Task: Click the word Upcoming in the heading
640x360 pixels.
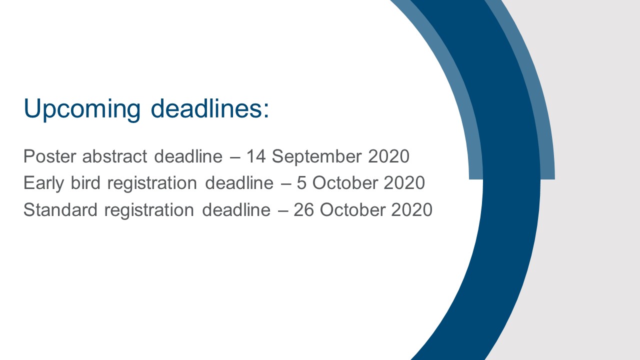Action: click(x=82, y=109)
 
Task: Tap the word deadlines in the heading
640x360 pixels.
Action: click(x=205, y=108)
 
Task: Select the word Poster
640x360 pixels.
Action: click(x=49, y=156)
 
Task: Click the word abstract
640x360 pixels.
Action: click(x=114, y=156)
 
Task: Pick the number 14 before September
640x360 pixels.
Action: click(x=256, y=156)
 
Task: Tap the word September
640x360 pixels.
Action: click(x=316, y=157)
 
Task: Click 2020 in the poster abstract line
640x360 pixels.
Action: click(x=389, y=156)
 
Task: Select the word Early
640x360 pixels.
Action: click(x=43, y=183)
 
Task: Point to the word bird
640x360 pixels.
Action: click(x=85, y=182)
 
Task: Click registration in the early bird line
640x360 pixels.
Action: click(x=152, y=183)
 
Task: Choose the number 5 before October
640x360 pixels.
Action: click(x=301, y=183)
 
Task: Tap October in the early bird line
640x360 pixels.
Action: click(x=345, y=182)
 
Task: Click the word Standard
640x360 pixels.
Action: click(x=60, y=209)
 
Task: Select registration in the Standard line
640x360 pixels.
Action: click(x=149, y=210)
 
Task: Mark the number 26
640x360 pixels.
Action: click(x=303, y=209)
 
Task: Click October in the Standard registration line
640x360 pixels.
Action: click(x=352, y=209)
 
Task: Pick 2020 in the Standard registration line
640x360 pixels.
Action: click(x=411, y=209)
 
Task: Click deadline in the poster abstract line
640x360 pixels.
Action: click(x=188, y=156)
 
